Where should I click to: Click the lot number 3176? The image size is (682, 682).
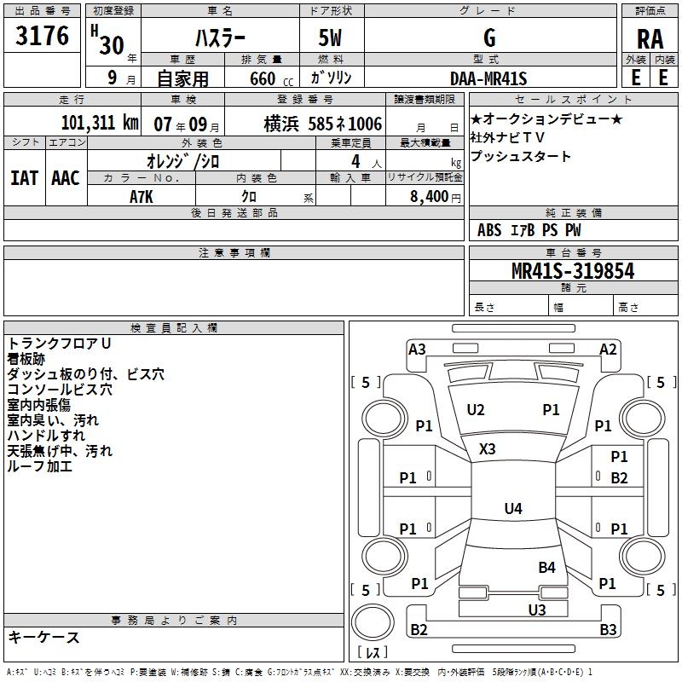point(43,37)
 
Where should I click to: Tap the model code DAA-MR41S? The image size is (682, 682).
point(488,79)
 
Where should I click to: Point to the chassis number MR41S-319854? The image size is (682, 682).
point(573,271)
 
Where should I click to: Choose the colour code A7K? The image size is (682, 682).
point(142,196)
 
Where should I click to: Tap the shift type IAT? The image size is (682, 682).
point(24,177)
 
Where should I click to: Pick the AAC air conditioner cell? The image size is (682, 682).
point(66,177)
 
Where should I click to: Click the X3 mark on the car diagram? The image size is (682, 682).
point(488,448)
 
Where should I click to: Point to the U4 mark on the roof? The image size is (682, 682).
point(512,509)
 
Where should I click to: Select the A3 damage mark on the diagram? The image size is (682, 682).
point(417,349)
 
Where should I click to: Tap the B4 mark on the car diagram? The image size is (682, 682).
point(546,567)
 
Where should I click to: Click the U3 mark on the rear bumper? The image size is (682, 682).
point(536,610)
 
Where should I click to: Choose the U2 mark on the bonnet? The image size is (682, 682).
point(476,410)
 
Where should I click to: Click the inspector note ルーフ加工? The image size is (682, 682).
point(40,466)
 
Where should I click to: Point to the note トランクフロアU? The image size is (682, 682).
point(60,344)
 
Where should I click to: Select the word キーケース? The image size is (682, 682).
point(44,637)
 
